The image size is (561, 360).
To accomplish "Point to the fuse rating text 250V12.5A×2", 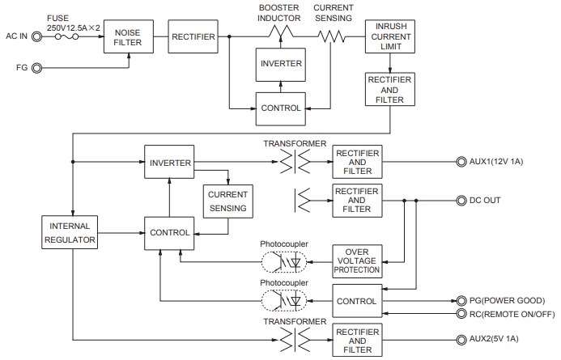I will pyautogui.click(x=74, y=28).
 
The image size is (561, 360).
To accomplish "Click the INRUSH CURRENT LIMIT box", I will pyautogui.click(x=390, y=36).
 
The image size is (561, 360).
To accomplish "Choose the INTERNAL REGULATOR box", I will pyautogui.click(x=70, y=232).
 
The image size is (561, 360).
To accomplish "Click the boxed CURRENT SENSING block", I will pyautogui.click(x=227, y=201).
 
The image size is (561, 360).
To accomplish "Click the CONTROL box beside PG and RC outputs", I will pyautogui.click(x=356, y=301).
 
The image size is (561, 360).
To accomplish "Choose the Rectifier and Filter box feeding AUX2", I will pyautogui.click(x=356, y=339).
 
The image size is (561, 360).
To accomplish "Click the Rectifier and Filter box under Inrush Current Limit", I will pyautogui.click(x=390, y=89).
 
